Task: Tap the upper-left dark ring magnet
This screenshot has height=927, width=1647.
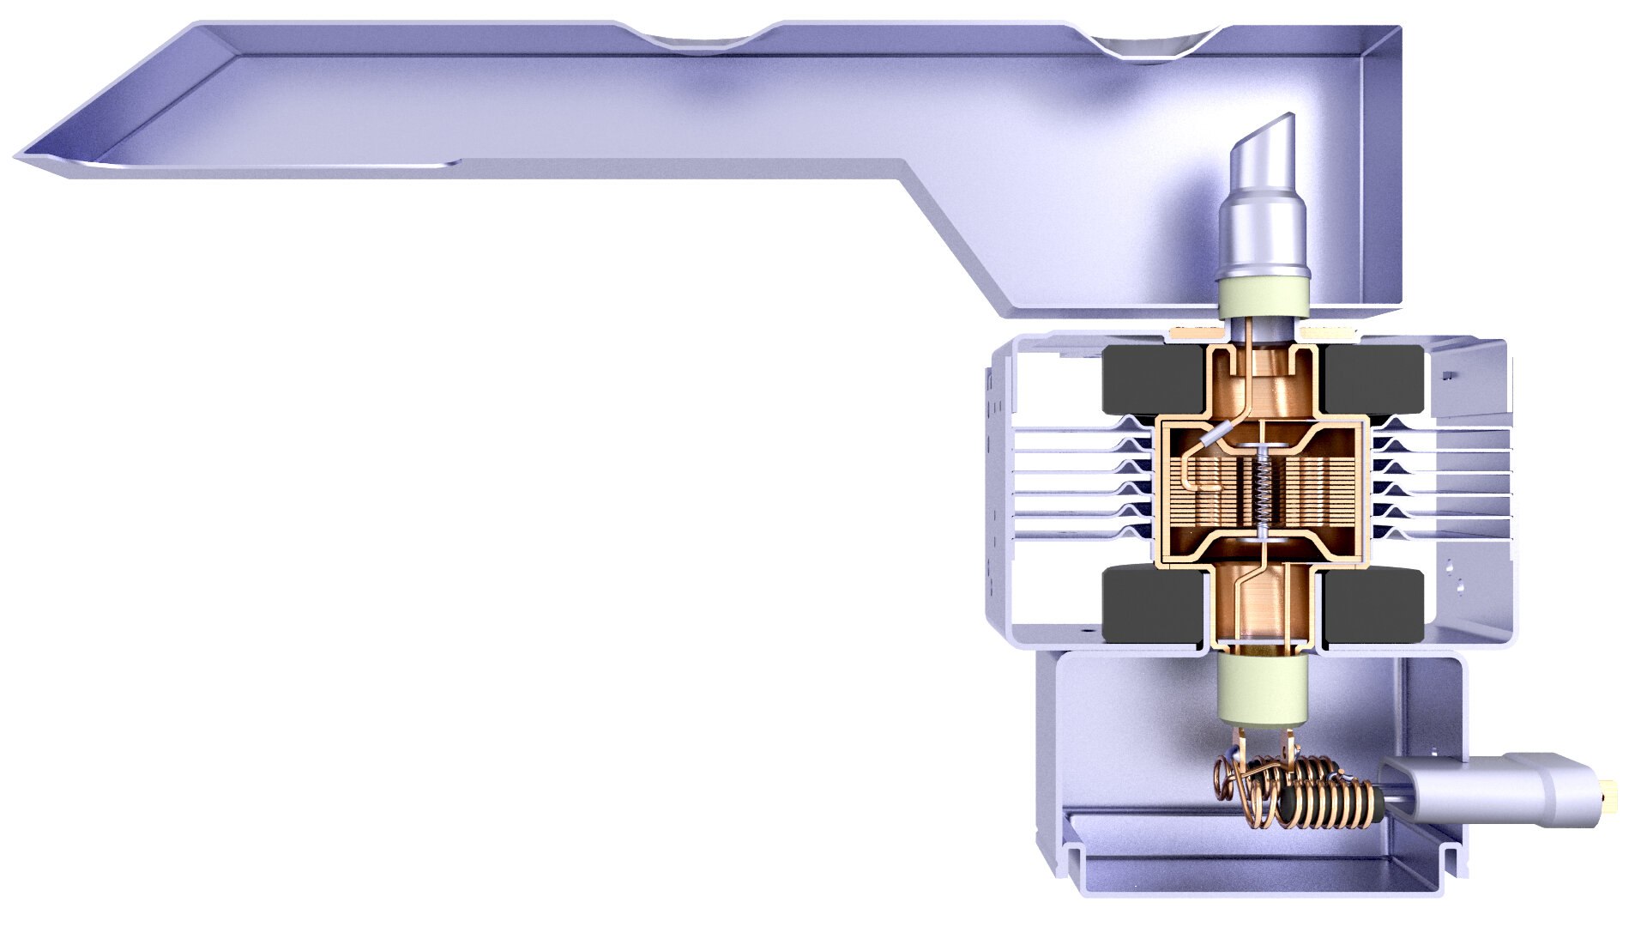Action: (x=1149, y=378)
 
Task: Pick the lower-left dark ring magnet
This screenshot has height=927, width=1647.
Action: (x=1149, y=605)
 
